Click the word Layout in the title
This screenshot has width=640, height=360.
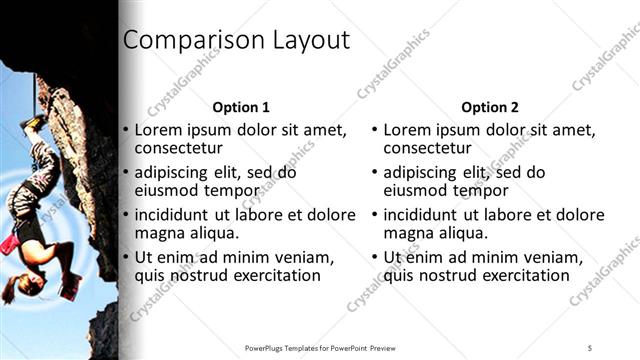[x=309, y=41]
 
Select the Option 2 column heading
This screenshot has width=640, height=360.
[x=489, y=107]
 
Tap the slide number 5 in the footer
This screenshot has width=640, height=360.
[x=590, y=347]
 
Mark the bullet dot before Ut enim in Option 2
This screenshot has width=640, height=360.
[x=374, y=257]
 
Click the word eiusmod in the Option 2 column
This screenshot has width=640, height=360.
[x=417, y=191]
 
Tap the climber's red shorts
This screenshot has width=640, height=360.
[x=11, y=243]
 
